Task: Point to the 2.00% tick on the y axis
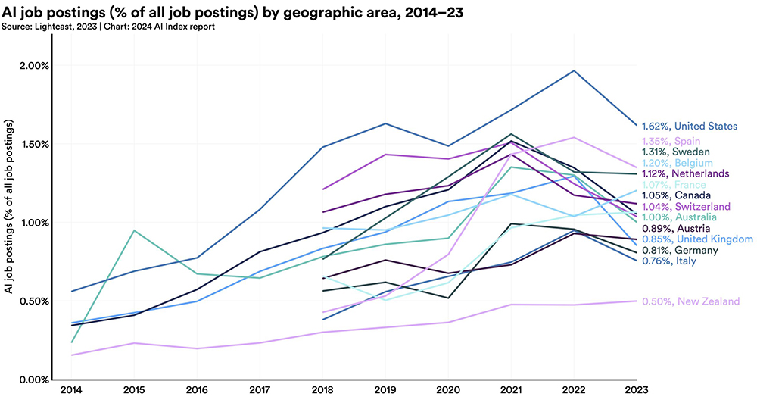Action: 34,66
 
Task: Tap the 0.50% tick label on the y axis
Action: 34,301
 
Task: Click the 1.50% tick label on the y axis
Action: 34,144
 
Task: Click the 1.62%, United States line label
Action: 690,126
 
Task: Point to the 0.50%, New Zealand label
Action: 690,301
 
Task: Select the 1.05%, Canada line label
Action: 676,195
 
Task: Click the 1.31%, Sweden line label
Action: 677,152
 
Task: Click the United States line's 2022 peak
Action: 574,70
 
